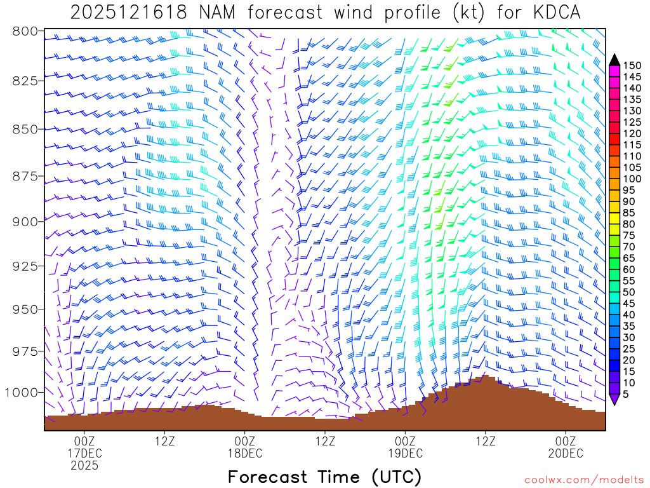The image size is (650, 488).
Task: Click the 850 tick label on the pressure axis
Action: point(26,129)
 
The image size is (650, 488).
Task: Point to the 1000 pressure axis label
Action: point(23,393)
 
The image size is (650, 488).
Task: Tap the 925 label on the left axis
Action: point(26,266)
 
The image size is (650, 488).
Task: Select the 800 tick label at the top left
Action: point(26,31)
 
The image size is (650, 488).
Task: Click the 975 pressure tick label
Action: point(26,351)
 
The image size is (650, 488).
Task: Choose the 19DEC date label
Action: point(405,453)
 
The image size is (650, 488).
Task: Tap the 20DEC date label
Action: point(566,453)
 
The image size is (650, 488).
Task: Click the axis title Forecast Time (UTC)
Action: point(324,477)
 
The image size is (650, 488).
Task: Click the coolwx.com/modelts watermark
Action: point(584,480)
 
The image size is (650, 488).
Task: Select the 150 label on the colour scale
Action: point(632,65)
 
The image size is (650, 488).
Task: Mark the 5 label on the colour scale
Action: point(626,395)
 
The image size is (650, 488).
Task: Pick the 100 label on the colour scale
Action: point(632,179)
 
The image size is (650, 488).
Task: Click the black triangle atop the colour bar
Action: point(614,60)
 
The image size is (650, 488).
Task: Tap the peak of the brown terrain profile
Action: point(485,376)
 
